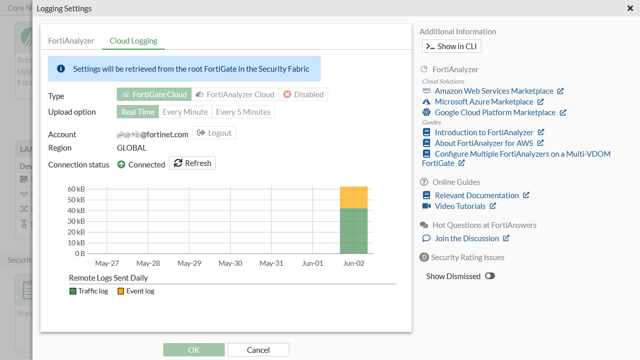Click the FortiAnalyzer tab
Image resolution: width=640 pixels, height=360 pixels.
click(x=71, y=41)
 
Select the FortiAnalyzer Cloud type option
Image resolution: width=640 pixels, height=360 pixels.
click(x=235, y=94)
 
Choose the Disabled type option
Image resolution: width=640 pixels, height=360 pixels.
click(x=303, y=94)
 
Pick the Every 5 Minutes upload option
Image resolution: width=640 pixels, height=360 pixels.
click(x=243, y=112)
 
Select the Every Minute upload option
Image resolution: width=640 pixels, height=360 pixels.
click(x=185, y=112)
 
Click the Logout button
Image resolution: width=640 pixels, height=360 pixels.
click(x=214, y=133)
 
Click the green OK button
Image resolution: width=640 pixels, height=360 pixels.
click(x=194, y=350)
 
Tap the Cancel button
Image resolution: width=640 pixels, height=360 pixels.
click(x=258, y=350)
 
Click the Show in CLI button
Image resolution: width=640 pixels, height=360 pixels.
click(x=451, y=47)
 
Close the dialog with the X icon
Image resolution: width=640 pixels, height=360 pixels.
click(x=630, y=8)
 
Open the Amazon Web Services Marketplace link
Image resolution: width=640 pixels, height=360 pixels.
click(x=494, y=91)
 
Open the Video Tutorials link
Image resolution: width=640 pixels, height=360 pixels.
click(x=460, y=206)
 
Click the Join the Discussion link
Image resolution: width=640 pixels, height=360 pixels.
click(x=466, y=239)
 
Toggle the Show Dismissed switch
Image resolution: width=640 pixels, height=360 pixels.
click(x=490, y=276)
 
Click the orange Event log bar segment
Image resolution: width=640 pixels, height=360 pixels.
click(x=354, y=198)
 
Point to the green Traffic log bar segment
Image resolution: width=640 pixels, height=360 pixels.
click(x=354, y=231)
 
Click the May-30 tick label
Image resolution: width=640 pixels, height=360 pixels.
click(x=230, y=263)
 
